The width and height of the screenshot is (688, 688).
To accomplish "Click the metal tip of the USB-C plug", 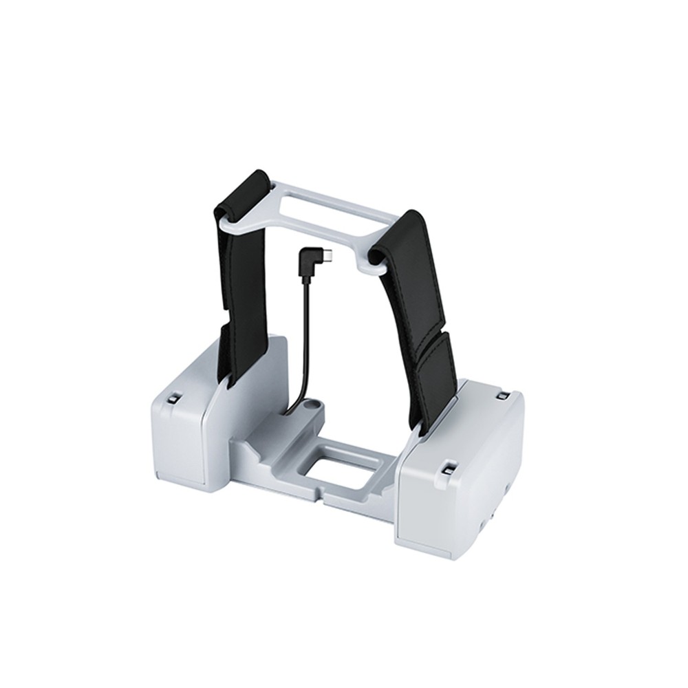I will (332, 256).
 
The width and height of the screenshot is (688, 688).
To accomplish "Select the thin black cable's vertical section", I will (303, 323).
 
